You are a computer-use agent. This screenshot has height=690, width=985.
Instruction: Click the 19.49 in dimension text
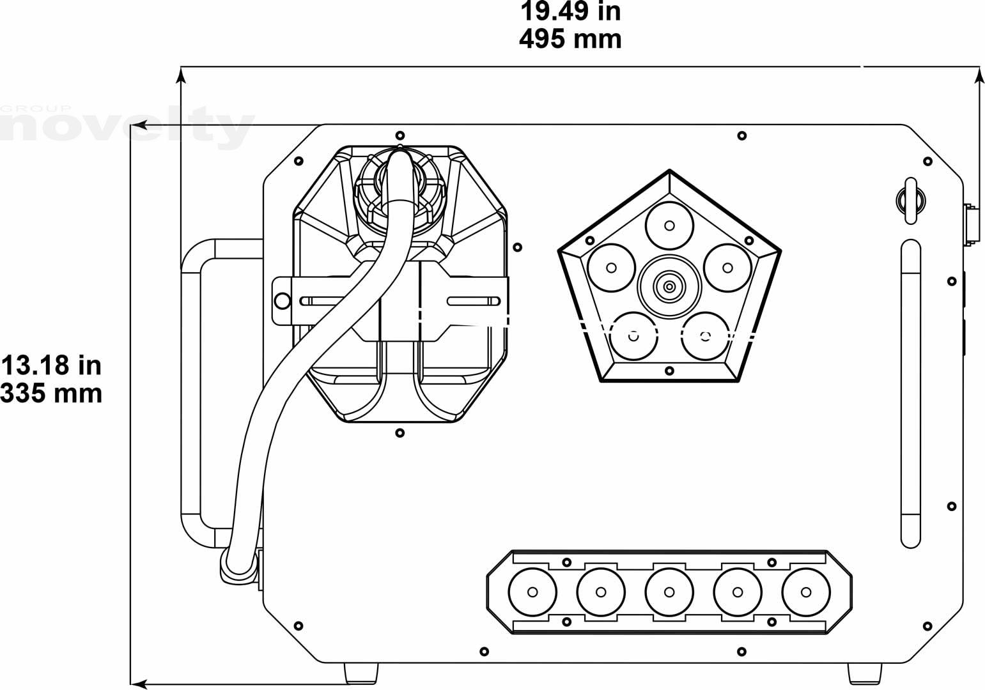[x=570, y=11]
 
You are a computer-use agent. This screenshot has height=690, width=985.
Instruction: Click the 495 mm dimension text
[x=570, y=39]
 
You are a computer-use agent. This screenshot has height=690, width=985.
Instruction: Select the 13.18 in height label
[x=51, y=365]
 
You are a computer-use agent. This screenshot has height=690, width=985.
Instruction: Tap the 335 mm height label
[x=51, y=393]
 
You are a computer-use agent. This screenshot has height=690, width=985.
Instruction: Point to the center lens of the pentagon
[x=669, y=287]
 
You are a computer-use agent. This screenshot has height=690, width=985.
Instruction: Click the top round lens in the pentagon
[x=669, y=226]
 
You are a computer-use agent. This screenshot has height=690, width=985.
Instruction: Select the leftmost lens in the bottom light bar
[x=532, y=592]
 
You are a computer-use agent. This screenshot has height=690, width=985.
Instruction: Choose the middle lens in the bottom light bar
[x=669, y=592]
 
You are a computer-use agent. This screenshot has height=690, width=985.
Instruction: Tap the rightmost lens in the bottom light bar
[x=806, y=592]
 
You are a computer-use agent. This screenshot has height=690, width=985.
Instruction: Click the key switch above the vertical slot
[x=911, y=201]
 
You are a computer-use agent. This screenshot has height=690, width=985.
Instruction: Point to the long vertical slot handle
[x=911, y=394]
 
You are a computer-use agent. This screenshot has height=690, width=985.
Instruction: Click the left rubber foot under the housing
[x=361, y=673]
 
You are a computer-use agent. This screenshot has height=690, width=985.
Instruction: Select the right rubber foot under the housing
[x=865, y=673]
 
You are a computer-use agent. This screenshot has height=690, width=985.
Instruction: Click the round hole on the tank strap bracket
[x=283, y=301]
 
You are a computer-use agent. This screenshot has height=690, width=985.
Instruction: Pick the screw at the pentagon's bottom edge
[x=669, y=371]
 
